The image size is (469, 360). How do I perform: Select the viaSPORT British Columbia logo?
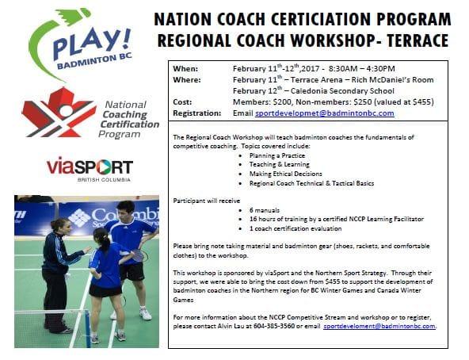[x=90, y=169]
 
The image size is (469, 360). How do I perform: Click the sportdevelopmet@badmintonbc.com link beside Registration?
[x=325, y=113]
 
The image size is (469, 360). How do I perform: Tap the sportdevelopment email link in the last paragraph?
[x=379, y=326]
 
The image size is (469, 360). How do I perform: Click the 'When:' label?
[x=185, y=69]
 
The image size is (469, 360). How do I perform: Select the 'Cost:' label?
[x=182, y=102]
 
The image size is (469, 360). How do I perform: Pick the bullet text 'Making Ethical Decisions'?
[x=286, y=174]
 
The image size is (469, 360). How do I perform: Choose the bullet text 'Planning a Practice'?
[x=277, y=155]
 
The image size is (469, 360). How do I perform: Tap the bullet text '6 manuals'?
[x=265, y=210]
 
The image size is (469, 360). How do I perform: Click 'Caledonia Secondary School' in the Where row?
[x=342, y=91]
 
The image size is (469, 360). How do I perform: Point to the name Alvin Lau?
[x=231, y=326]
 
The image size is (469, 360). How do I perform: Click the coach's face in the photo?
[x=67, y=228]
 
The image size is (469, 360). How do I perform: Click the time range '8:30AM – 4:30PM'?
[x=361, y=69]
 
